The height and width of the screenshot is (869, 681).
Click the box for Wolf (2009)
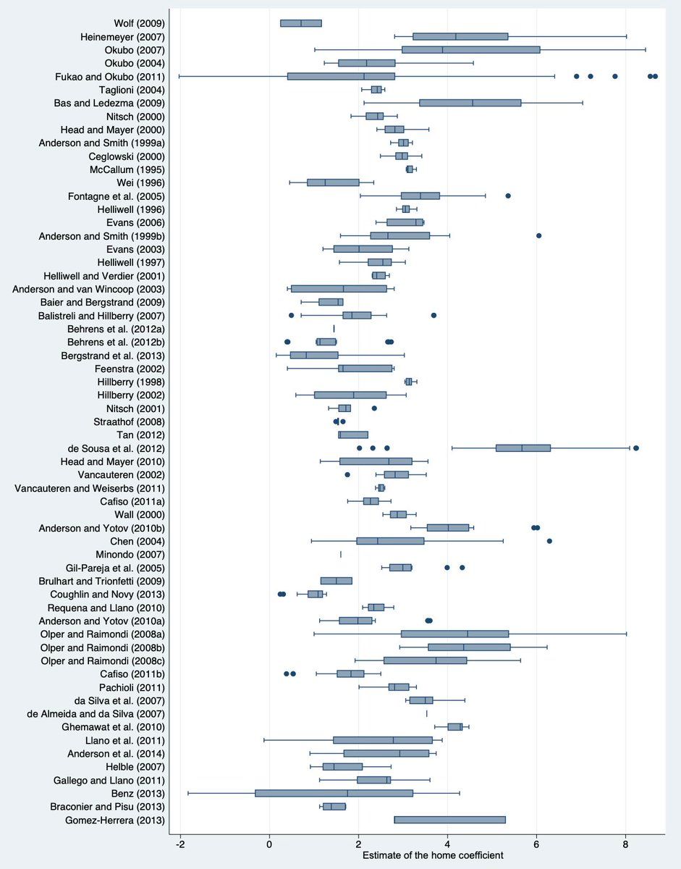(301, 23)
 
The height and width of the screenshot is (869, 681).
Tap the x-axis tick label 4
(447, 843)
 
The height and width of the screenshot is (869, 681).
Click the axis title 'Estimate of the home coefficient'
(433, 855)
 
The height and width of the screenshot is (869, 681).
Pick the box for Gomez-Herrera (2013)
(449, 820)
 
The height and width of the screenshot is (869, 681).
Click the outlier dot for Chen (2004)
(549, 541)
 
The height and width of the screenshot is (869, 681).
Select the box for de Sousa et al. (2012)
(523, 448)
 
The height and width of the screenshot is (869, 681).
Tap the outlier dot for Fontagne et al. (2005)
(508, 196)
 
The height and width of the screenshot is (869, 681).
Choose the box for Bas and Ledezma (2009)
(470, 103)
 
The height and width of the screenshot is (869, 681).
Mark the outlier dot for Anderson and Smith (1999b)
(539, 235)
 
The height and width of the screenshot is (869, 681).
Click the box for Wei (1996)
(333, 182)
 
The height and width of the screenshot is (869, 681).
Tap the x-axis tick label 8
(625, 843)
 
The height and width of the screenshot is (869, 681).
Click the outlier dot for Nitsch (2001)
(374, 408)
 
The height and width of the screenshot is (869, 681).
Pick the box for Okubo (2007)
(470, 50)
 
